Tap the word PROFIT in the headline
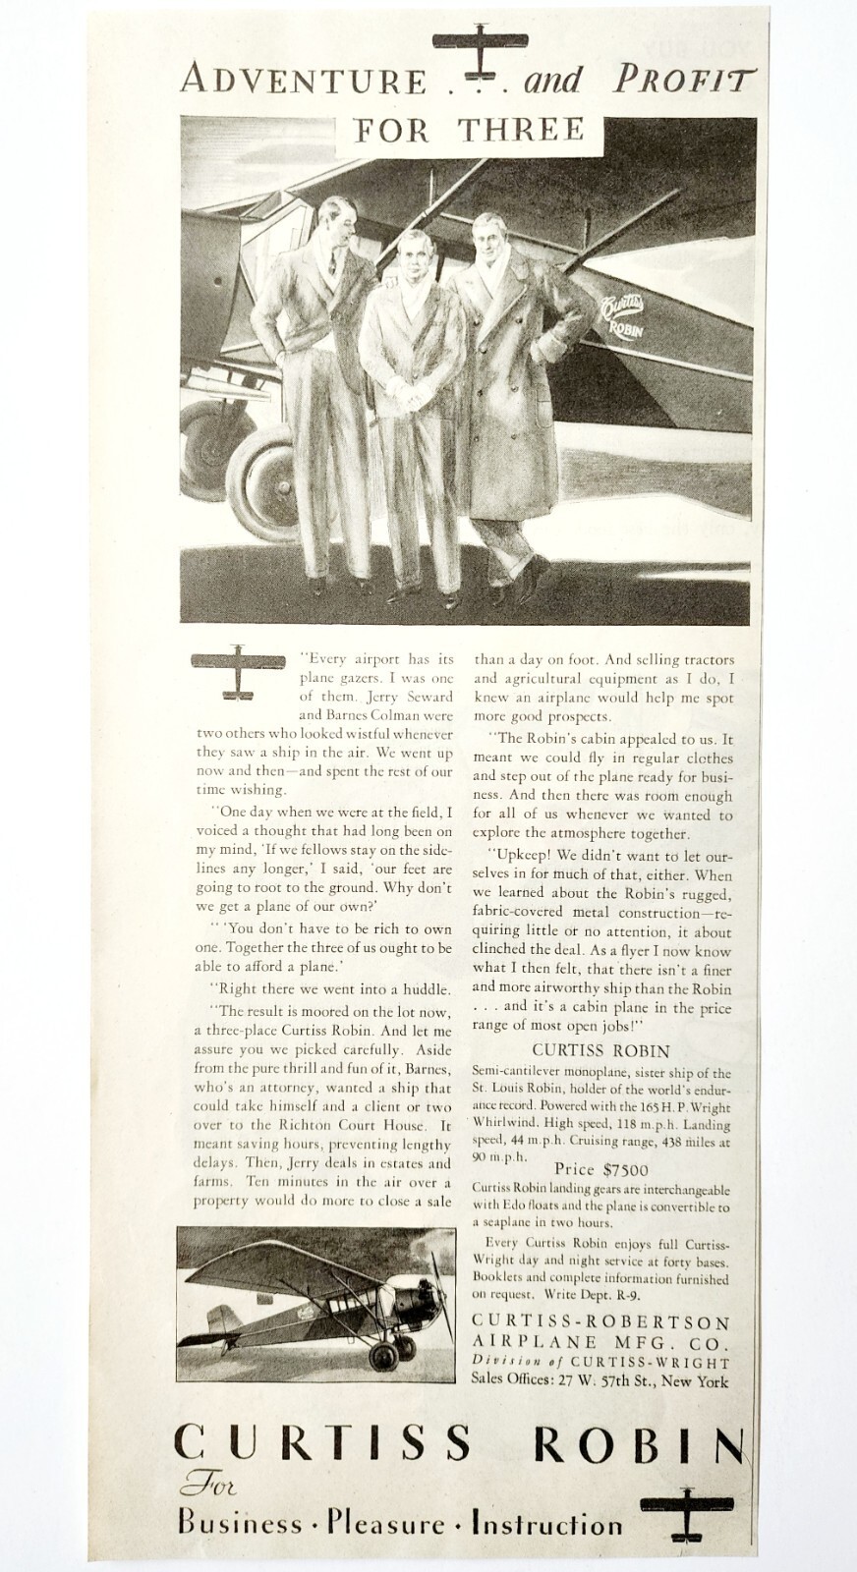tap(685, 80)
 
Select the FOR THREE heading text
tap(467, 131)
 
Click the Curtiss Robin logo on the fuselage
tap(619, 311)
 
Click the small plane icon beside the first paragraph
tap(235, 672)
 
